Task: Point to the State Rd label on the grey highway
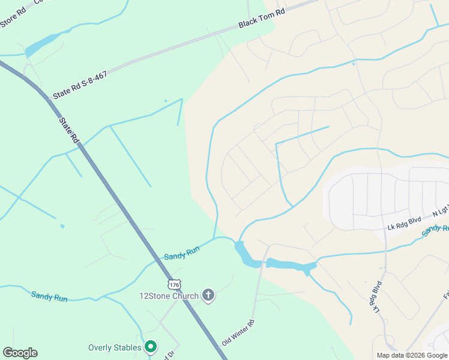pos(69,130)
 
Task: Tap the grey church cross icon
pos(208,295)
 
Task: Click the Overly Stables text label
pos(115,347)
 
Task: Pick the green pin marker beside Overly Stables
pos(151,347)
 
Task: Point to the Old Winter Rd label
pos(238,332)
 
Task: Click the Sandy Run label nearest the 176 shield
pos(181,253)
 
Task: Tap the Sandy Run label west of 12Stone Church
pos(49,296)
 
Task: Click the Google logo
pos(20,353)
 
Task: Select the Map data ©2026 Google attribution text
pos(411,355)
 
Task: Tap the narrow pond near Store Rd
pos(43,44)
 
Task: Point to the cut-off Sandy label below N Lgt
pos(435,230)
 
